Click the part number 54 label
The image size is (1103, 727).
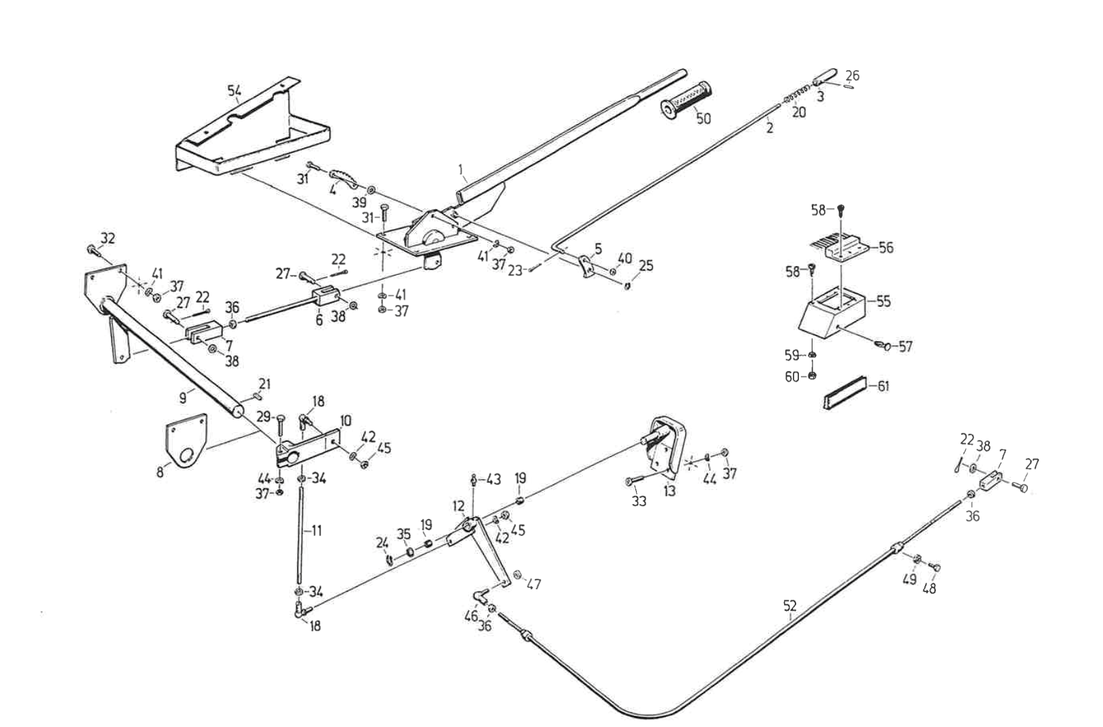pyautogui.click(x=234, y=90)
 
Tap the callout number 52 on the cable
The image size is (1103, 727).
pyautogui.click(x=789, y=605)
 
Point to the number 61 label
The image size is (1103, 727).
pyautogui.click(x=883, y=387)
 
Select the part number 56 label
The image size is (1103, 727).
pyautogui.click(x=886, y=248)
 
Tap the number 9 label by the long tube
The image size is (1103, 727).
pyautogui.click(x=183, y=398)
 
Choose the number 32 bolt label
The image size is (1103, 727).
pyautogui.click(x=108, y=238)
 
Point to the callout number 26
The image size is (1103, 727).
pyautogui.click(x=852, y=76)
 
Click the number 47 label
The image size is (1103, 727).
pyautogui.click(x=534, y=584)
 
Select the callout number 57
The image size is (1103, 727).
pyautogui.click(x=905, y=347)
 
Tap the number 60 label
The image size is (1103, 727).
pyautogui.click(x=791, y=376)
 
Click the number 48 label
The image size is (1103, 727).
pyautogui.click(x=928, y=588)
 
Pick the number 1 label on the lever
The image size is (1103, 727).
pyautogui.click(x=461, y=168)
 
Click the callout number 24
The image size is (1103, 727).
pyautogui.click(x=382, y=543)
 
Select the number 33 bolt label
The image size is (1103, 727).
pyautogui.click(x=639, y=501)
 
